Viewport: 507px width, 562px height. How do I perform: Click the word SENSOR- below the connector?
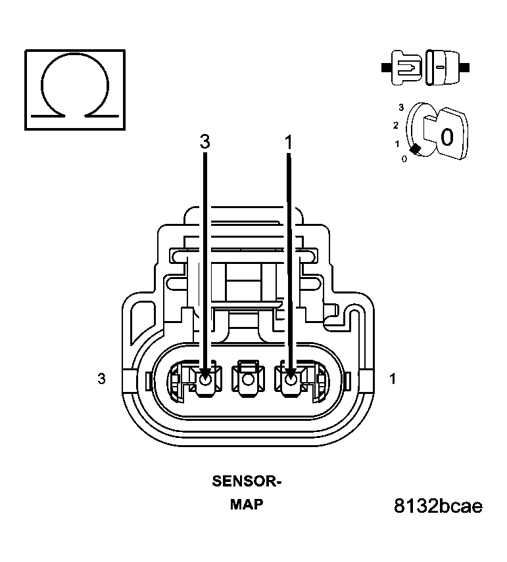tap(247, 481)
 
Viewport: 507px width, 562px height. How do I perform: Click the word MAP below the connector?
tap(247, 504)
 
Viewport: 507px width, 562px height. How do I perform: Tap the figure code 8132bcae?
tap(438, 506)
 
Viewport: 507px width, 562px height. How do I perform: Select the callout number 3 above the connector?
tap(205, 141)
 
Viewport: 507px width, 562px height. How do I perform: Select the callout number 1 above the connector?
tap(288, 141)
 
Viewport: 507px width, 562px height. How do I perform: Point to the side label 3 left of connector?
tap(101, 379)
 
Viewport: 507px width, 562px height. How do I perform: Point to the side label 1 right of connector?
tap(393, 379)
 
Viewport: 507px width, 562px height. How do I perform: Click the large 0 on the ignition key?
tap(447, 137)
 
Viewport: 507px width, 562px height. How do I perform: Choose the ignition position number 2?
tap(395, 125)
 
